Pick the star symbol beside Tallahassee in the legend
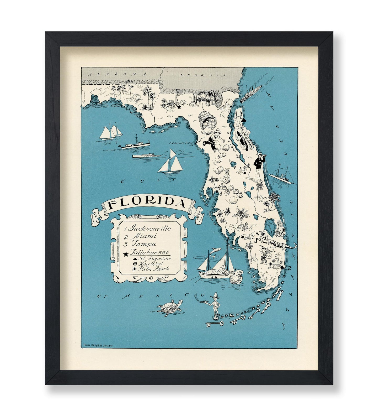coord(126,254)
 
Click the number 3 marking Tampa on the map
coord(221,194)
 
